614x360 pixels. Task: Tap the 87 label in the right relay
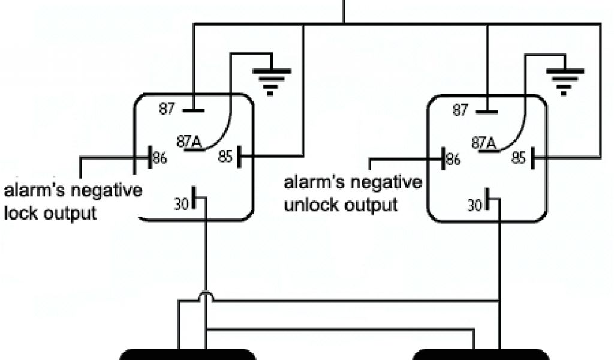[x=460, y=110]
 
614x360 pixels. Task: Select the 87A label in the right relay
[x=483, y=142]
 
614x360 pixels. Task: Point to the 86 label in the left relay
[x=160, y=159]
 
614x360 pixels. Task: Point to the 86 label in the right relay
[x=453, y=160]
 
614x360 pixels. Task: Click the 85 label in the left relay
[x=225, y=157]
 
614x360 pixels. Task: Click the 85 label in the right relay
[x=519, y=158]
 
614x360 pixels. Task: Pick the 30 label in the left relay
[x=182, y=203]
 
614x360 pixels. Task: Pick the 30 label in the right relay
[x=474, y=204]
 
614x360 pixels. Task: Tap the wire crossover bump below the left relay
[x=205, y=296]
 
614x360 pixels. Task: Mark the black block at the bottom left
[x=188, y=355]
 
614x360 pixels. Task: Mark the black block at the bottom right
[x=481, y=355]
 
